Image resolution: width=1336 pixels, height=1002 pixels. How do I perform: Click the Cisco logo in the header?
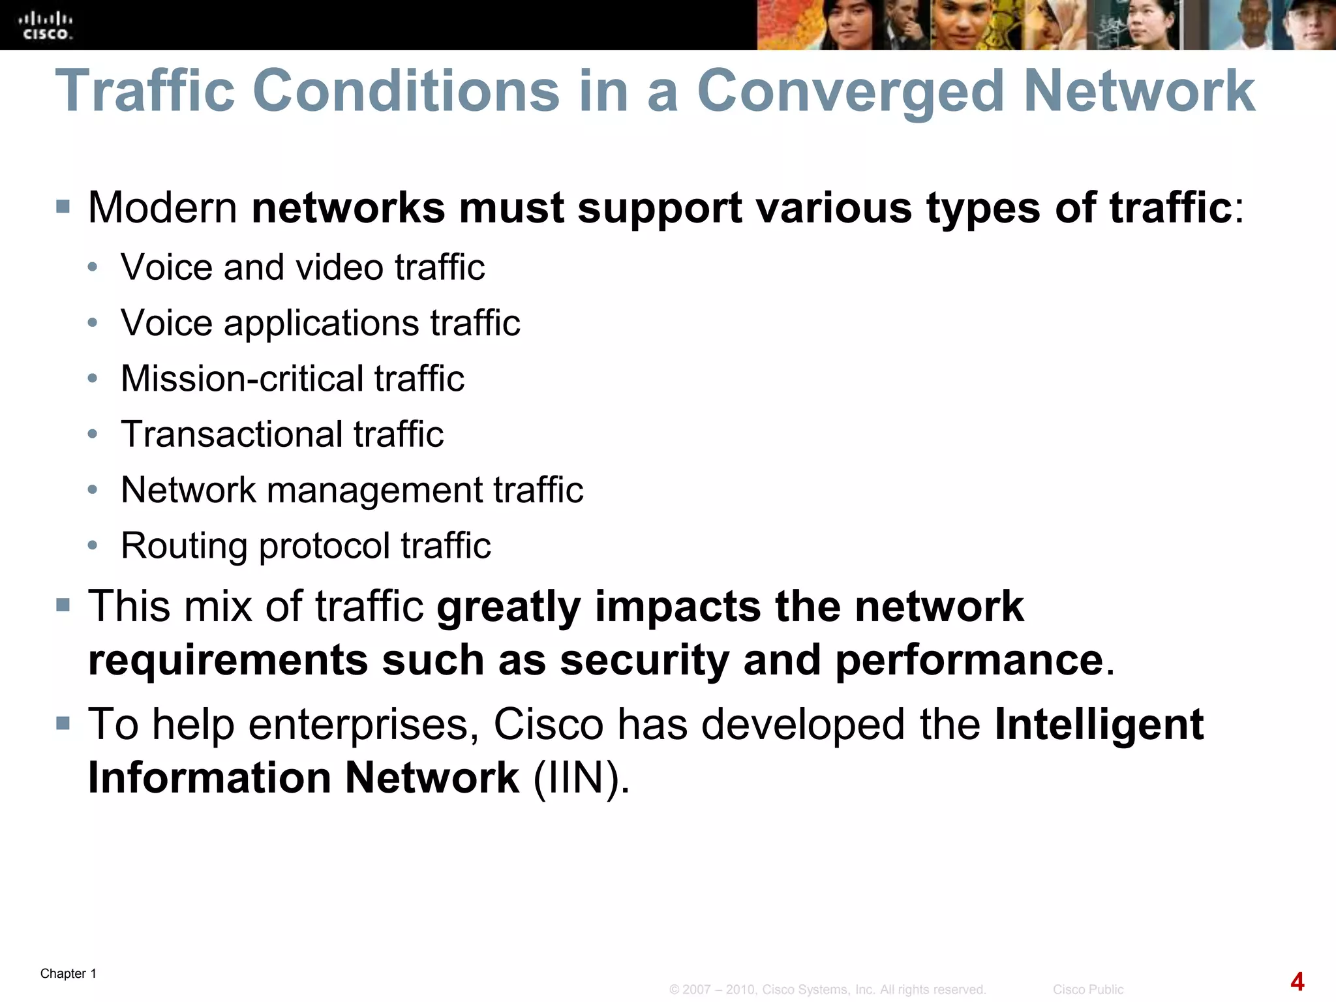tap(46, 26)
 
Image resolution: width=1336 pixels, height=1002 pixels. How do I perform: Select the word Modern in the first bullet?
tap(163, 208)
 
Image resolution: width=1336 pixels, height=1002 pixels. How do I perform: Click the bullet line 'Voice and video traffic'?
tap(303, 267)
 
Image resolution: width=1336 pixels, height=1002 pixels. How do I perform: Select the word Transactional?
tap(231, 434)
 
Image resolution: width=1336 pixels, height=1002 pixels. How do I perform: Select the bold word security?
tap(644, 660)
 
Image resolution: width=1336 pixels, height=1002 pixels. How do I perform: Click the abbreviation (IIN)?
tap(581, 778)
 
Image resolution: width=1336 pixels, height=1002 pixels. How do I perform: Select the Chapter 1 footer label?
tap(68, 974)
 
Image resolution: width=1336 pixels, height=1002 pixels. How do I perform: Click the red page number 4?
tap(1298, 982)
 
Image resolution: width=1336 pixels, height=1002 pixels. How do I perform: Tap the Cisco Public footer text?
tap(1087, 990)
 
